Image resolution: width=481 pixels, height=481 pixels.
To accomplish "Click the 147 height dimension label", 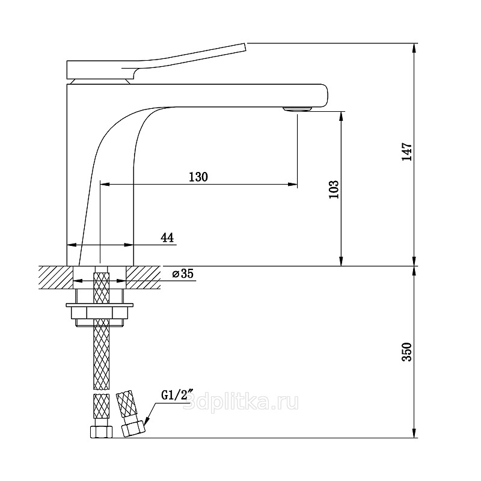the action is [x=407, y=152].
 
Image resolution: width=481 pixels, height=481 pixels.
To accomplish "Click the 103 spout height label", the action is [x=334, y=189].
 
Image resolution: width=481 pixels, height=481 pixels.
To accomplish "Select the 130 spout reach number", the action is [x=198, y=177].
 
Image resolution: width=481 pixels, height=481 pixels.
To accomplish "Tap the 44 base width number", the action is [x=167, y=237].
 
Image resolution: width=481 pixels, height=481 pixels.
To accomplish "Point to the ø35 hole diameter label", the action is [x=183, y=274].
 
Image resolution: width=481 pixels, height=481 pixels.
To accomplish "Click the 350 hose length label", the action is [x=407, y=352].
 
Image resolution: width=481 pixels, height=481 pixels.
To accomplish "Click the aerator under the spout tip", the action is [x=297, y=108].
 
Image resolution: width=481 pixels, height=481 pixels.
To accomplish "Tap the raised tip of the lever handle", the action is [x=244, y=47].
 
